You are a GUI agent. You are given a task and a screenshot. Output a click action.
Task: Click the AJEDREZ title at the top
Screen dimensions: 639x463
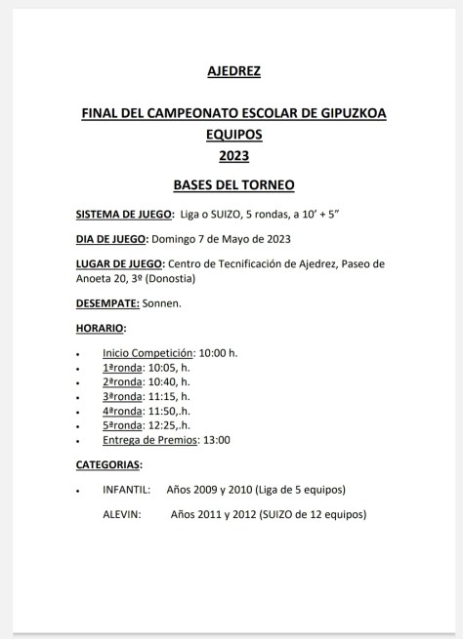point(234,71)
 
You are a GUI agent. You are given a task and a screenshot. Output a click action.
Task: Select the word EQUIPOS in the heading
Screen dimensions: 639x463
point(234,135)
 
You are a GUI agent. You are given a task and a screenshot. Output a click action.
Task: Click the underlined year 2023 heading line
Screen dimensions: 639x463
point(234,155)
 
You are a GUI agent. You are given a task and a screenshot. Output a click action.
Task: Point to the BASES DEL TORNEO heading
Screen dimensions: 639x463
point(233,185)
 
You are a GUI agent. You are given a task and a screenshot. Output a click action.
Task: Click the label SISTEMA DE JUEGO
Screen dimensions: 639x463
point(125,215)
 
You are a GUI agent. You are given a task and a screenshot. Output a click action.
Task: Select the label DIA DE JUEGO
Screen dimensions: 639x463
point(111,239)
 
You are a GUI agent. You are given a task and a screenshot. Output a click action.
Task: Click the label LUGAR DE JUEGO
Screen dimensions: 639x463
point(120,263)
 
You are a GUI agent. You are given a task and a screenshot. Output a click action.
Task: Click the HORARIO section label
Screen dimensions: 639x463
point(101,328)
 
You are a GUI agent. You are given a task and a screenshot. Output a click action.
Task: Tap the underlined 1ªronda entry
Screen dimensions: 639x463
point(122,367)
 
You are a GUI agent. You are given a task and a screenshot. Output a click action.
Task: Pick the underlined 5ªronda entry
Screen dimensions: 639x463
point(122,425)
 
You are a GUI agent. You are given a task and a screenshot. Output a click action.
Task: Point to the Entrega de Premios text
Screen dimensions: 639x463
point(148,440)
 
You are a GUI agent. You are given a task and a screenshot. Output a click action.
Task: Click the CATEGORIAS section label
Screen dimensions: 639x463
point(108,464)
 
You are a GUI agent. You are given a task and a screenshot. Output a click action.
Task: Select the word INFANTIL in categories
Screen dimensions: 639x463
point(126,489)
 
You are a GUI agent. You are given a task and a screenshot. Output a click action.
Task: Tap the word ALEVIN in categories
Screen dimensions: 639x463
point(122,513)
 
